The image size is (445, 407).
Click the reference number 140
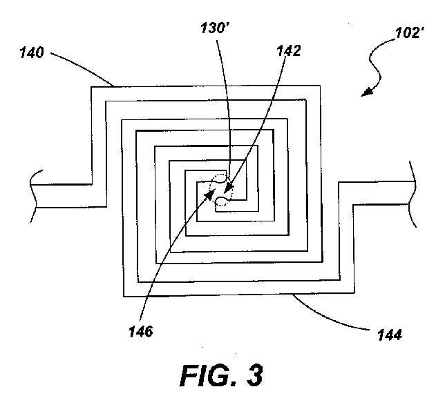(x=32, y=53)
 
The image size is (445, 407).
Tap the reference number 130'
(x=215, y=28)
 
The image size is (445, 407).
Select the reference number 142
(x=288, y=50)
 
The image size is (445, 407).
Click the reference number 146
(x=141, y=331)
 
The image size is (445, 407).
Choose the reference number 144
(x=390, y=335)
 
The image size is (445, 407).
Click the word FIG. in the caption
(x=208, y=376)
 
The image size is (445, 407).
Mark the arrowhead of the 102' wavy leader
(x=366, y=92)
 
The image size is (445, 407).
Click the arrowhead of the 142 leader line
(x=229, y=188)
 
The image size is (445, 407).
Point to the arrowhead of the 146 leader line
(x=210, y=195)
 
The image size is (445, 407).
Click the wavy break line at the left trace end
(x=33, y=195)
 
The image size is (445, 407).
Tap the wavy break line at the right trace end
(x=413, y=194)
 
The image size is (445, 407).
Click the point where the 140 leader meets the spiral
(x=114, y=86)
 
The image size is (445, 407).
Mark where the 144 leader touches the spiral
(x=292, y=295)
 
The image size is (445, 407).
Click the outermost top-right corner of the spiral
(x=321, y=86)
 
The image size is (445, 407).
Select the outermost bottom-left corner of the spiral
(x=124, y=296)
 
